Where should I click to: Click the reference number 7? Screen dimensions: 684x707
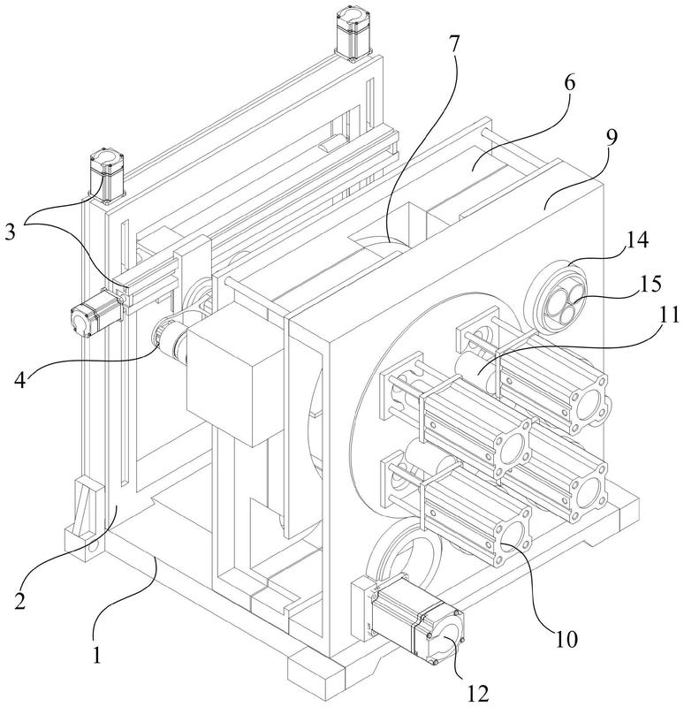[453, 43]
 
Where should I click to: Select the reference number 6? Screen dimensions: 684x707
[570, 83]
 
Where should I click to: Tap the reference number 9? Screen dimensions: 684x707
[611, 139]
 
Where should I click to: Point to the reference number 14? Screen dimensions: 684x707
[636, 239]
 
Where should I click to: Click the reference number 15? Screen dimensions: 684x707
[650, 284]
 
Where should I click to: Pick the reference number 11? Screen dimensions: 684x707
[669, 315]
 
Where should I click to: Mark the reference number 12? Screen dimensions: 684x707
[477, 693]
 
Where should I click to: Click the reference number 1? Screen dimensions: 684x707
[96, 655]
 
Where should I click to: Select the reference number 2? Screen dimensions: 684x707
[20, 601]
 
